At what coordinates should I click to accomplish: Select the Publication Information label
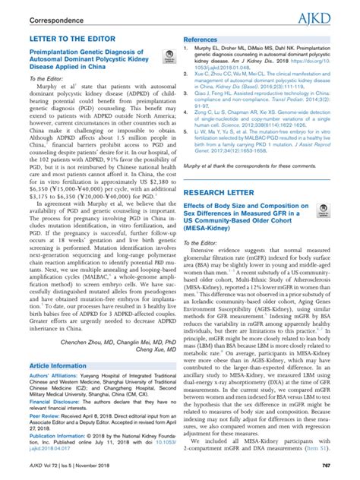point(57,438)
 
